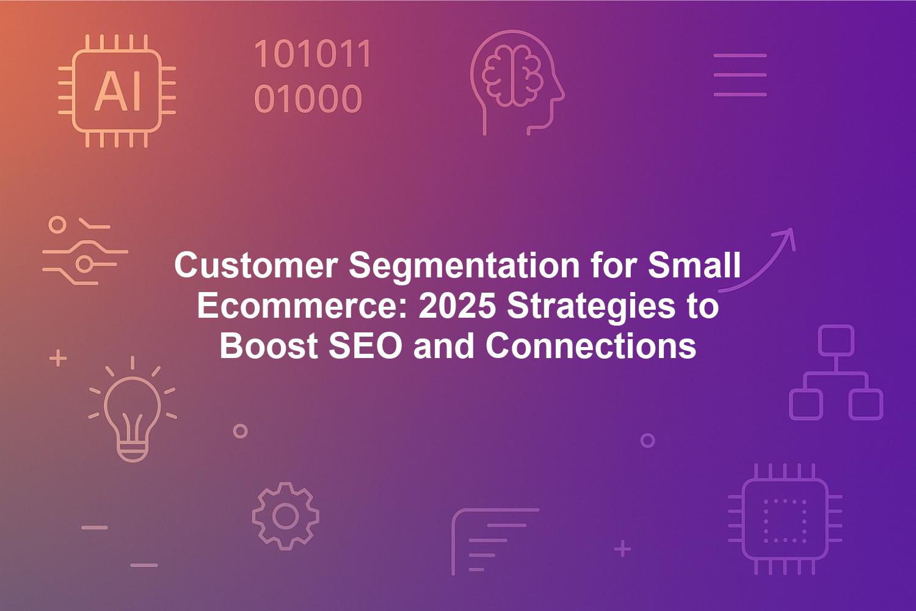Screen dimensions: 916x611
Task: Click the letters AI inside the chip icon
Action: coord(118,91)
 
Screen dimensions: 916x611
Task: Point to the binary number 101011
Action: coord(313,54)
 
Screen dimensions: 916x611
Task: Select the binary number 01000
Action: coord(308,98)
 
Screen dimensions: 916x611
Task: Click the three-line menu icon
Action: coord(740,75)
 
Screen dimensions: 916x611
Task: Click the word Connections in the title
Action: coord(591,346)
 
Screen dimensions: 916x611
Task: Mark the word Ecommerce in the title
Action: coord(303,307)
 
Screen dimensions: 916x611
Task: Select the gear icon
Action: coord(285,516)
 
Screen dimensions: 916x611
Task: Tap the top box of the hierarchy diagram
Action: coord(836,340)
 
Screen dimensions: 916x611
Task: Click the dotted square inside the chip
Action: coord(785,521)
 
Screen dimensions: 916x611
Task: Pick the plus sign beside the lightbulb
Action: coord(58,358)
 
